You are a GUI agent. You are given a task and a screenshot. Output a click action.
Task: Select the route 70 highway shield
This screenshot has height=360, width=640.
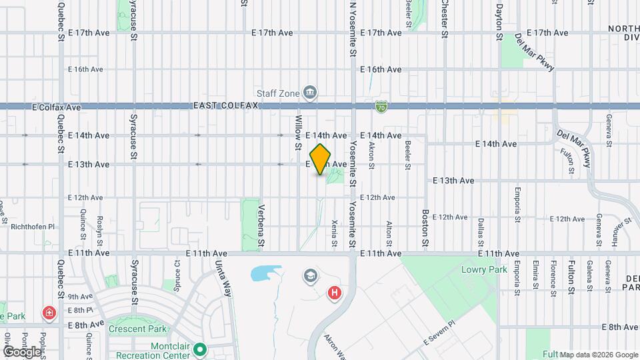(381, 106)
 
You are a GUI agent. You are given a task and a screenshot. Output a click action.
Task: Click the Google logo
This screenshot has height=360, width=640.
(21, 351)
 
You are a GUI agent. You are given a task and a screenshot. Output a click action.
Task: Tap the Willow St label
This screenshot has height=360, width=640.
(298, 126)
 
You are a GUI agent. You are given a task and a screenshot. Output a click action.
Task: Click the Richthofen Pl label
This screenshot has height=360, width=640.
(33, 227)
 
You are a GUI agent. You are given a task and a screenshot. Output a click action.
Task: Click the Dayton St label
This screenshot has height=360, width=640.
(498, 20)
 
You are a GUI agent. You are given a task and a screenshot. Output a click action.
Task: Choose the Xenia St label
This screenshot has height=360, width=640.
(335, 234)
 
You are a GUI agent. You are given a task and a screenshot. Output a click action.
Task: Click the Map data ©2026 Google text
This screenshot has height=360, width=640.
(598, 354)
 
